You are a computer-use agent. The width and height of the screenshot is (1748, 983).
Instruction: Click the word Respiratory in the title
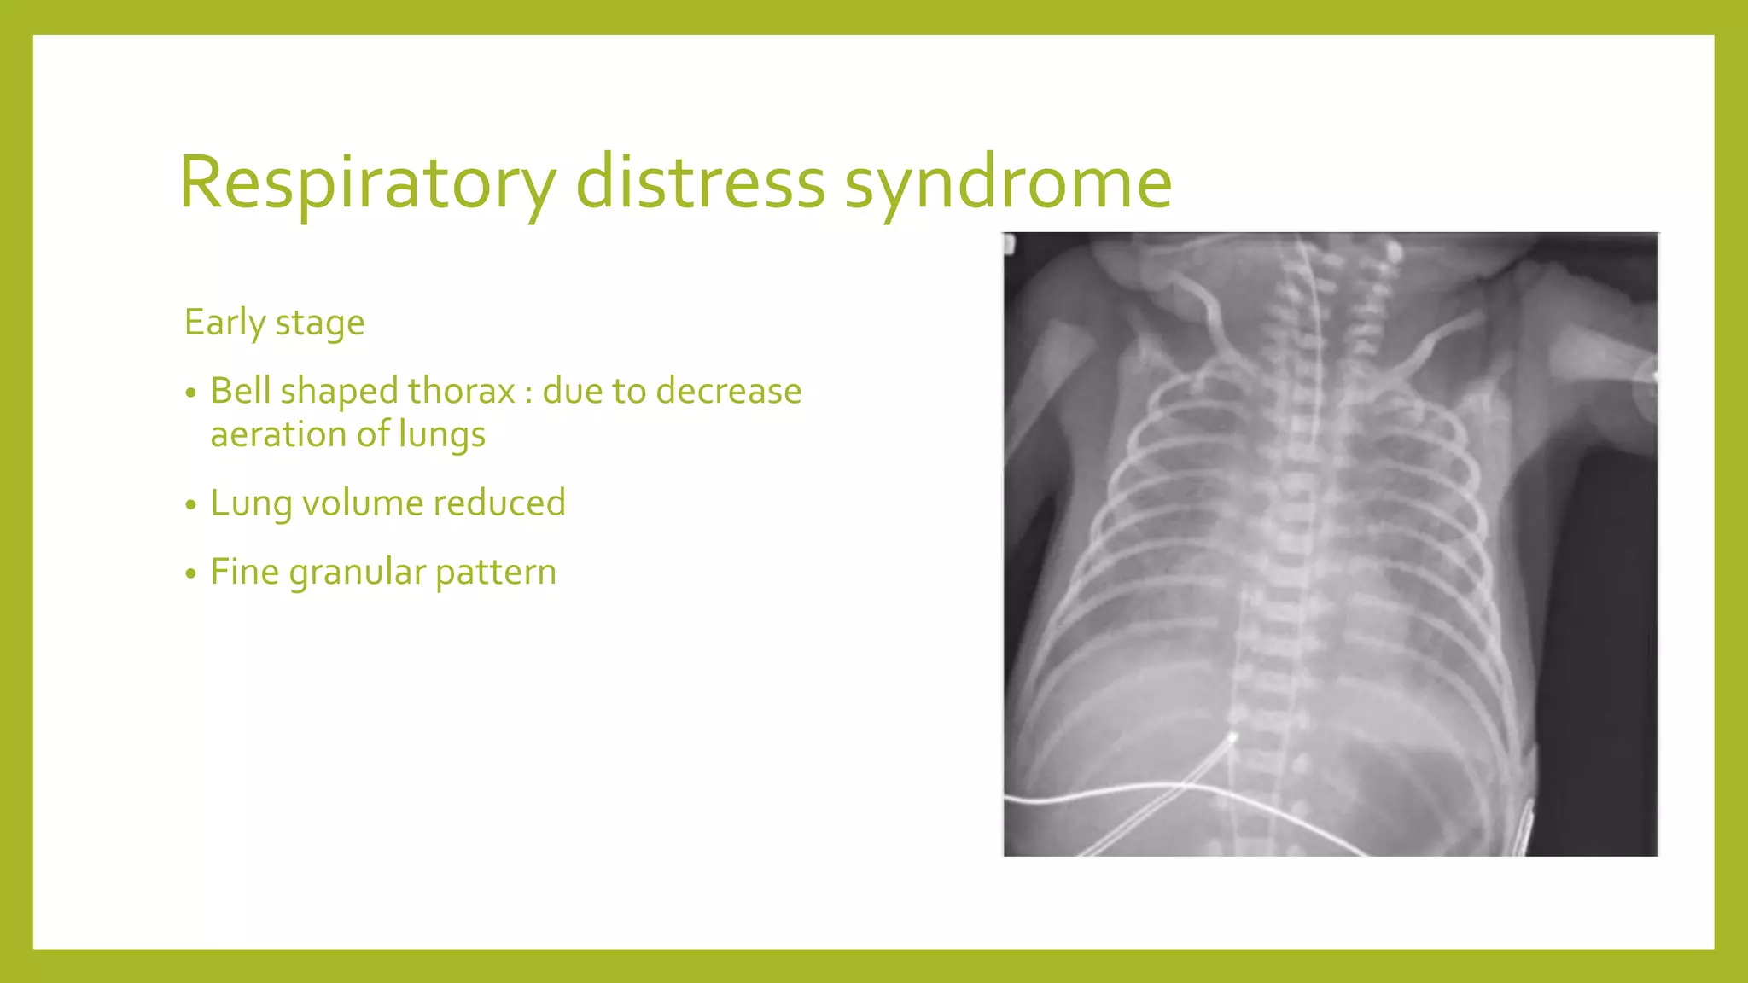click(367, 183)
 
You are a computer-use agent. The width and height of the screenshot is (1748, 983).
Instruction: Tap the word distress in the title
click(700, 183)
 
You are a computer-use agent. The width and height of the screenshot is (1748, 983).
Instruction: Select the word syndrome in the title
click(1008, 183)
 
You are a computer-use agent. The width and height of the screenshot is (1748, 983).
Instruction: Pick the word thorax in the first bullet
click(461, 391)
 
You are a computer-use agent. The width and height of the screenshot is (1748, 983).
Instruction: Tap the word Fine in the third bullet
click(245, 572)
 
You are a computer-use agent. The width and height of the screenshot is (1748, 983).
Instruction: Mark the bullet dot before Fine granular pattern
click(190, 574)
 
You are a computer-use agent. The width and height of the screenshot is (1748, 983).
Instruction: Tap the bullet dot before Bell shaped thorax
click(190, 393)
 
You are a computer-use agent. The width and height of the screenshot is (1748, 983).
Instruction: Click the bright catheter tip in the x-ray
click(1233, 736)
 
